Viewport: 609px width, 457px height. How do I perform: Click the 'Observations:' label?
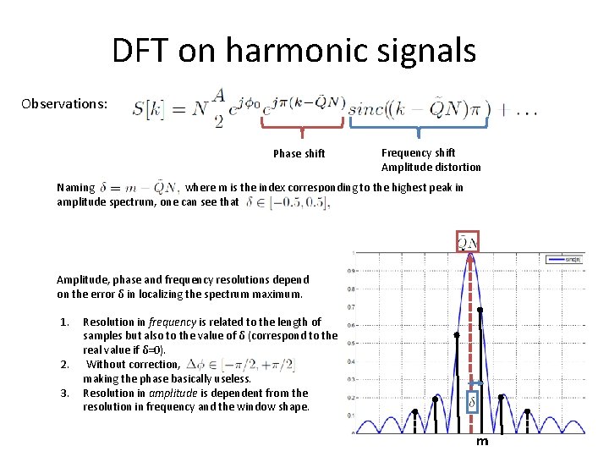click(65, 104)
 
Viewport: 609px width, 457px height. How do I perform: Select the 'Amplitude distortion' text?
click(431, 167)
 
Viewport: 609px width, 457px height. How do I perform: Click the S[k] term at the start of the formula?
click(151, 109)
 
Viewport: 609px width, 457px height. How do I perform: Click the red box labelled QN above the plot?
click(468, 241)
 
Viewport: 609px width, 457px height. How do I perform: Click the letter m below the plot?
click(481, 441)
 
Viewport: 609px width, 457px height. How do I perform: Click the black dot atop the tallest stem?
click(481, 311)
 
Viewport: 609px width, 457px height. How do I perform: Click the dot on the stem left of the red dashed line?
click(457, 335)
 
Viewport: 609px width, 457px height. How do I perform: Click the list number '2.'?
click(65, 365)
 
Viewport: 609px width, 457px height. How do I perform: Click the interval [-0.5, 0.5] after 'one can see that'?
click(288, 202)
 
